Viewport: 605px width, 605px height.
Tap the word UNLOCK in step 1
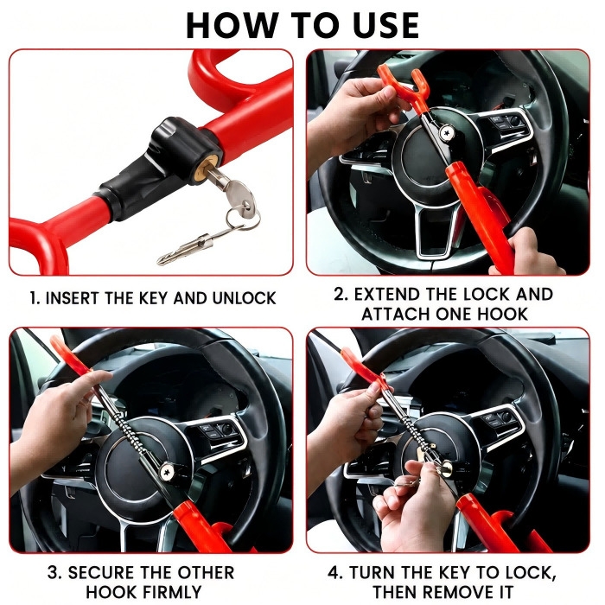point(245,298)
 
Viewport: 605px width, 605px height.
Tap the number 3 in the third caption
point(54,572)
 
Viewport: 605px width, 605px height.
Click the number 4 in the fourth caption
point(334,572)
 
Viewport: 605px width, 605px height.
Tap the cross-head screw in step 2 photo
point(447,133)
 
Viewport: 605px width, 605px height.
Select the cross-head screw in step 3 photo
point(167,471)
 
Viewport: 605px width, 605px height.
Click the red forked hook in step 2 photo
point(404,85)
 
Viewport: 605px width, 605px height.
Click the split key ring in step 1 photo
point(242,219)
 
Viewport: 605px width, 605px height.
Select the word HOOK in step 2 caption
point(502,314)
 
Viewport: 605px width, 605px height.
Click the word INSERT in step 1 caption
point(73,298)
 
